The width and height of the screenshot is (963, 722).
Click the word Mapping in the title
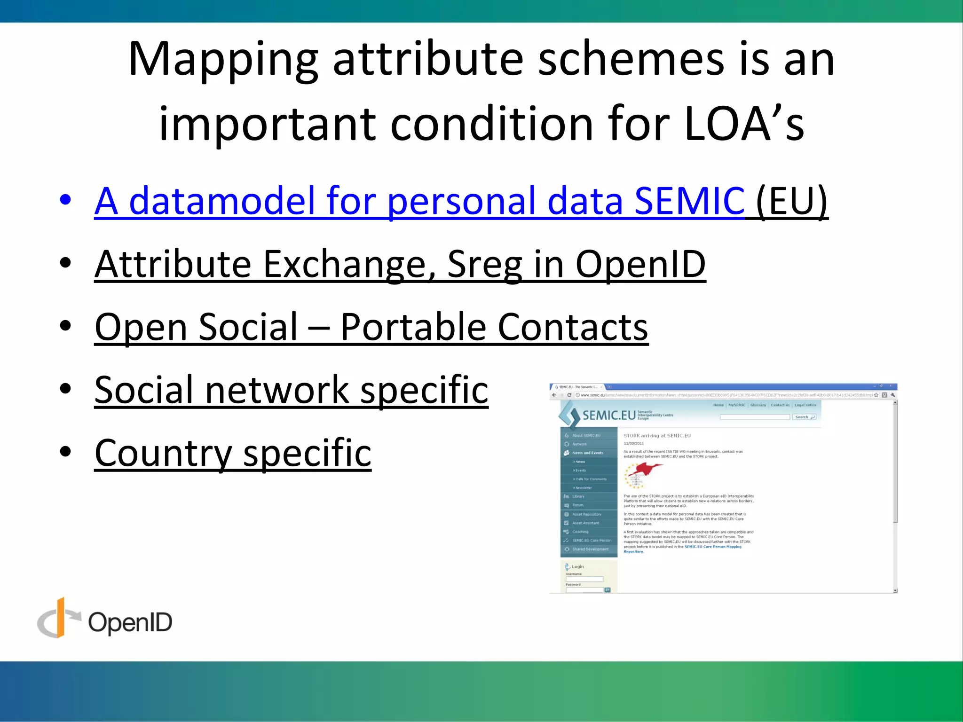point(223,60)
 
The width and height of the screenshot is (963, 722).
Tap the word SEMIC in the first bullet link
point(689,201)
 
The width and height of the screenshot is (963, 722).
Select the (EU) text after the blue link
point(792,201)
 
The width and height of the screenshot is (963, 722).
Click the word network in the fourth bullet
point(276,390)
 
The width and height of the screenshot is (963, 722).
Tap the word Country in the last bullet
point(163,453)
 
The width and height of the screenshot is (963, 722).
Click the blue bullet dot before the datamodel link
point(65,199)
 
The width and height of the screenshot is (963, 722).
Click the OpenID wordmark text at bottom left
point(130,622)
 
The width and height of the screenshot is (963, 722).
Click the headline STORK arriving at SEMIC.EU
point(657,436)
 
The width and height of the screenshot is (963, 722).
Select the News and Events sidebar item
point(587,453)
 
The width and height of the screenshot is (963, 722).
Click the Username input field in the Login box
point(584,579)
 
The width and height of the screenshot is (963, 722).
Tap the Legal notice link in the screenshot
point(805,405)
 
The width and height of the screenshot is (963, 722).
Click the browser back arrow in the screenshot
point(554,395)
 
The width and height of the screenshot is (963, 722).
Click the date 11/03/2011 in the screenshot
point(633,444)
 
